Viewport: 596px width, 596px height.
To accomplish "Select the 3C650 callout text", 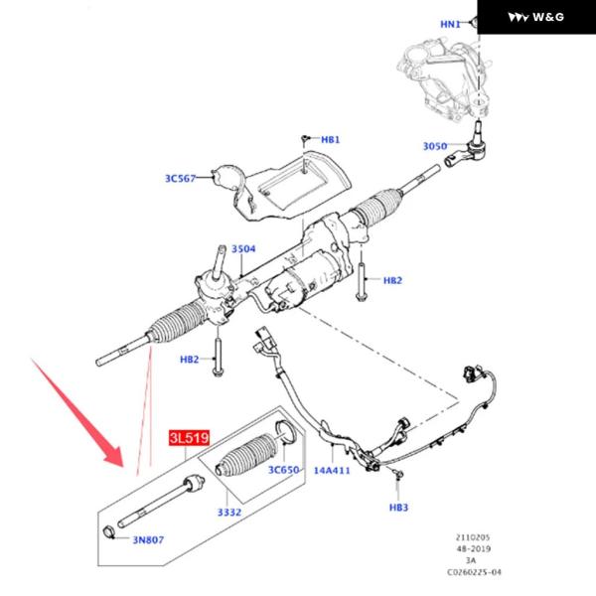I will pyautogui.click(x=282, y=469).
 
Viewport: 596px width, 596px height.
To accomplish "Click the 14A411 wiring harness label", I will pyautogui.click(x=332, y=470).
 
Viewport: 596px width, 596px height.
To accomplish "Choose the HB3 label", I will pyautogui.click(x=398, y=508).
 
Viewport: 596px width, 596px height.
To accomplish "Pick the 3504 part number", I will pyautogui.click(x=242, y=249).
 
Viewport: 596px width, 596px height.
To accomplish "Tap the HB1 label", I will pyautogui.click(x=330, y=140).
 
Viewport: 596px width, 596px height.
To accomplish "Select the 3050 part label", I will pyautogui.click(x=435, y=146).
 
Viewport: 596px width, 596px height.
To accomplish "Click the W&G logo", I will pyautogui.click(x=535, y=17).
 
